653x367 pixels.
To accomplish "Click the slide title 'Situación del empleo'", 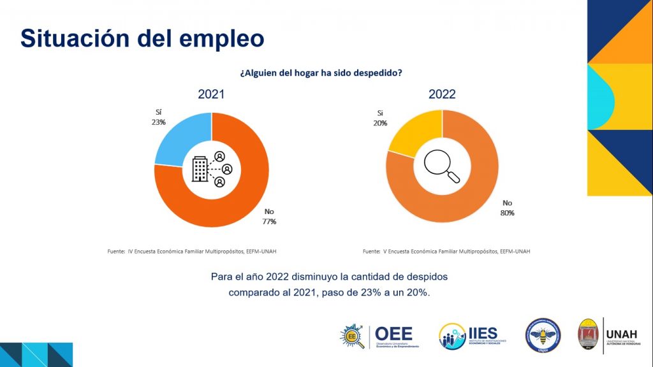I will click(x=142, y=38).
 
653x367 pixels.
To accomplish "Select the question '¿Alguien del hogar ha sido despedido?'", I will click(x=321, y=73).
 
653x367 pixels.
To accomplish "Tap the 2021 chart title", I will click(x=211, y=95).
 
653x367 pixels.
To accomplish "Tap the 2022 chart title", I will click(x=442, y=94).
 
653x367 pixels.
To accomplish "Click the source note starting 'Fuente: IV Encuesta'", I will click(x=192, y=251).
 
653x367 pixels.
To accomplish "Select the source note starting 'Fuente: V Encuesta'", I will click(x=446, y=251).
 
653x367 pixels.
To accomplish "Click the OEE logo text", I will click(x=393, y=333).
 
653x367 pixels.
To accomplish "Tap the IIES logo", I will click(x=468, y=335).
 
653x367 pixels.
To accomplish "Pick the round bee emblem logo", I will click(x=543, y=335).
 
